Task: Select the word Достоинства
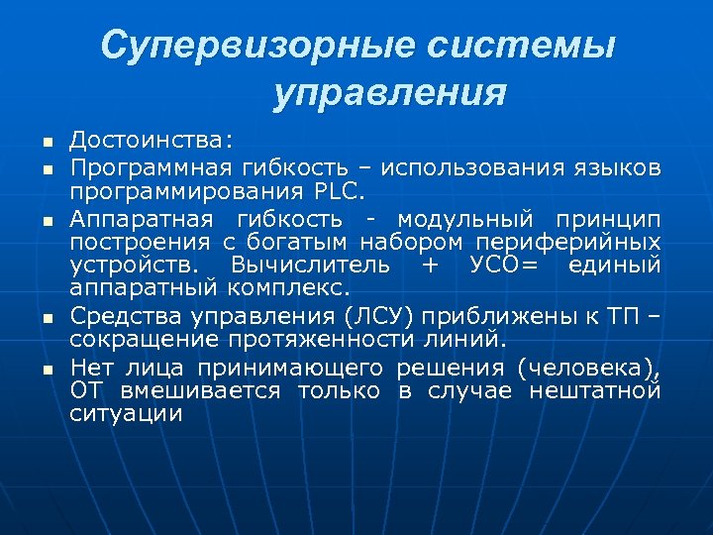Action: pyautogui.click(x=148, y=139)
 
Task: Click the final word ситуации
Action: pyautogui.click(x=127, y=415)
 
